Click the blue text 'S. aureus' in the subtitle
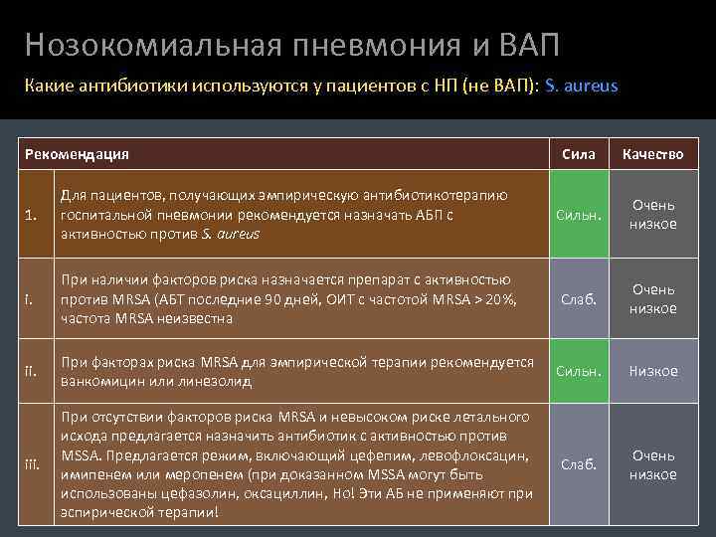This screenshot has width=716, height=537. coord(582,86)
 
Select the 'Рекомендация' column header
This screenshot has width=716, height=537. coord(78,154)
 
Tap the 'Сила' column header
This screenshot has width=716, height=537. coord(579,154)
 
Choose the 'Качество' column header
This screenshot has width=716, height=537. coord(652,154)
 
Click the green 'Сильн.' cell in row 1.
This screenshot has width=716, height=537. coord(579,215)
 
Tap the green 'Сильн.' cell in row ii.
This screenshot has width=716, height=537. coord(579,371)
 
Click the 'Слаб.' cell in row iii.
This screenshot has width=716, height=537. coord(579,464)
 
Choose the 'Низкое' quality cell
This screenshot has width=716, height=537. coord(652,371)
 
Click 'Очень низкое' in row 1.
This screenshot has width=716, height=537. coord(652,215)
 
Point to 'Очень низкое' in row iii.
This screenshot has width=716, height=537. coord(652,464)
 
